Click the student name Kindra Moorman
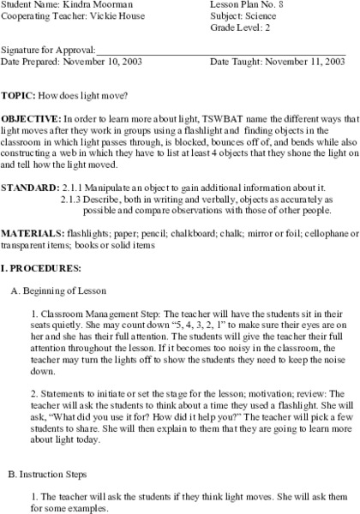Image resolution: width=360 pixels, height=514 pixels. click(x=93, y=5)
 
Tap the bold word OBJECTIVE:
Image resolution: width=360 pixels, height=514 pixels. click(x=31, y=115)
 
